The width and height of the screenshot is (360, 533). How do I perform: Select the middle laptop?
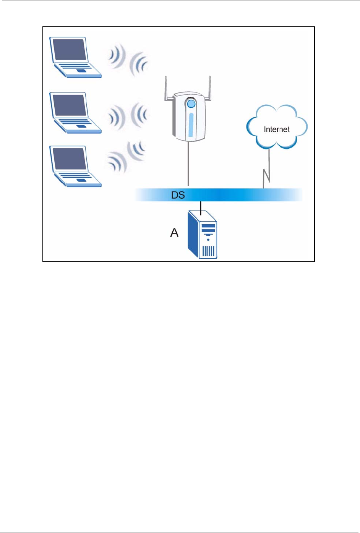[x=75, y=113]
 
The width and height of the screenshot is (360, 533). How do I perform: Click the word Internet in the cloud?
[x=277, y=130]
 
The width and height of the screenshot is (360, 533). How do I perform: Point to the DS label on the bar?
[x=178, y=195]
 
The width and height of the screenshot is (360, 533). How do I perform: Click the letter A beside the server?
[x=174, y=233]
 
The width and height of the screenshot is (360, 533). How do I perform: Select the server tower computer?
[x=203, y=235]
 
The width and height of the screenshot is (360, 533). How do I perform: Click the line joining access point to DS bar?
[x=188, y=164]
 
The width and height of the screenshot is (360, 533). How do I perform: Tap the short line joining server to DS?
[x=201, y=206]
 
